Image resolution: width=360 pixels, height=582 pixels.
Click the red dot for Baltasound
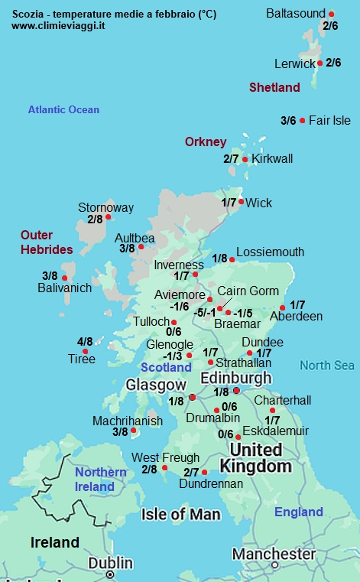(331, 15)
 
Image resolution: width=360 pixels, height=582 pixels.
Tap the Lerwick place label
(294, 63)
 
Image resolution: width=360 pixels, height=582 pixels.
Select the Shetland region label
(274, 88)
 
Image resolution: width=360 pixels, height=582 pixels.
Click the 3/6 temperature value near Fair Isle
(288, 120)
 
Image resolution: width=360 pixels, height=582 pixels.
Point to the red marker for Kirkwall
(245, 159)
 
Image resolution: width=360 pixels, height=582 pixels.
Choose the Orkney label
(206, 141)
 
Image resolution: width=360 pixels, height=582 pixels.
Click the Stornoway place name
(105, 207)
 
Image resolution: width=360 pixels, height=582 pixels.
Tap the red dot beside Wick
(242, 202)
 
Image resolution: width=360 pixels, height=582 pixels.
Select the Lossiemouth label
(270, 252)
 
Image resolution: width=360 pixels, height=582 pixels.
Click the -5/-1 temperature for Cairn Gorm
(203, 312)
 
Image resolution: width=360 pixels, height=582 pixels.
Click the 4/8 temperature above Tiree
(85, 341)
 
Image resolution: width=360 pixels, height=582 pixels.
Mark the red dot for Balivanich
(65, 278)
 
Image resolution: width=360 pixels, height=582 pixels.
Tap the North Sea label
(327, 366)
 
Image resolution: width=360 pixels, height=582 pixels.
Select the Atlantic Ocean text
(63, 109)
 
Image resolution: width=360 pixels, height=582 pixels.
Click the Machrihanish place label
(127, 421)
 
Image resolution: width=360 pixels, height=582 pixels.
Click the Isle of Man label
(179, 514)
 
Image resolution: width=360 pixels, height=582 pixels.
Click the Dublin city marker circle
(110, 574)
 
